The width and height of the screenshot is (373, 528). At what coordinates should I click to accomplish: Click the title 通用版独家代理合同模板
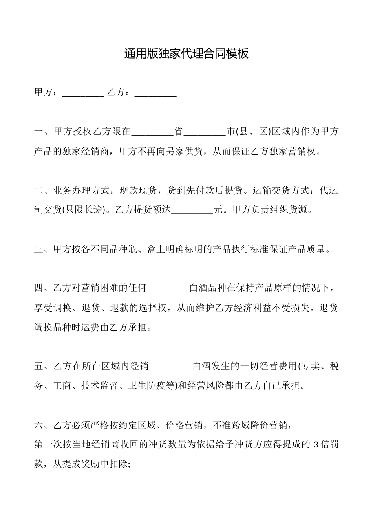tap(186, 54)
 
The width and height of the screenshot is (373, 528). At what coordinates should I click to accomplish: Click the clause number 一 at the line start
tap(39, 132)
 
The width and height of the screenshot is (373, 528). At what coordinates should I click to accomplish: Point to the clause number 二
tap(39, 191)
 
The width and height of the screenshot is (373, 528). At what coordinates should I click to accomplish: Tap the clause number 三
tap(39, 249)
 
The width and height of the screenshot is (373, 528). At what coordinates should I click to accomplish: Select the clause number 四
tap(39, 288)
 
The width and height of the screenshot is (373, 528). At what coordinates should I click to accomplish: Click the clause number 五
tap(39, 367)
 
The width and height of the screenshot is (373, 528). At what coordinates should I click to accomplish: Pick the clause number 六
tap(39, 425)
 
